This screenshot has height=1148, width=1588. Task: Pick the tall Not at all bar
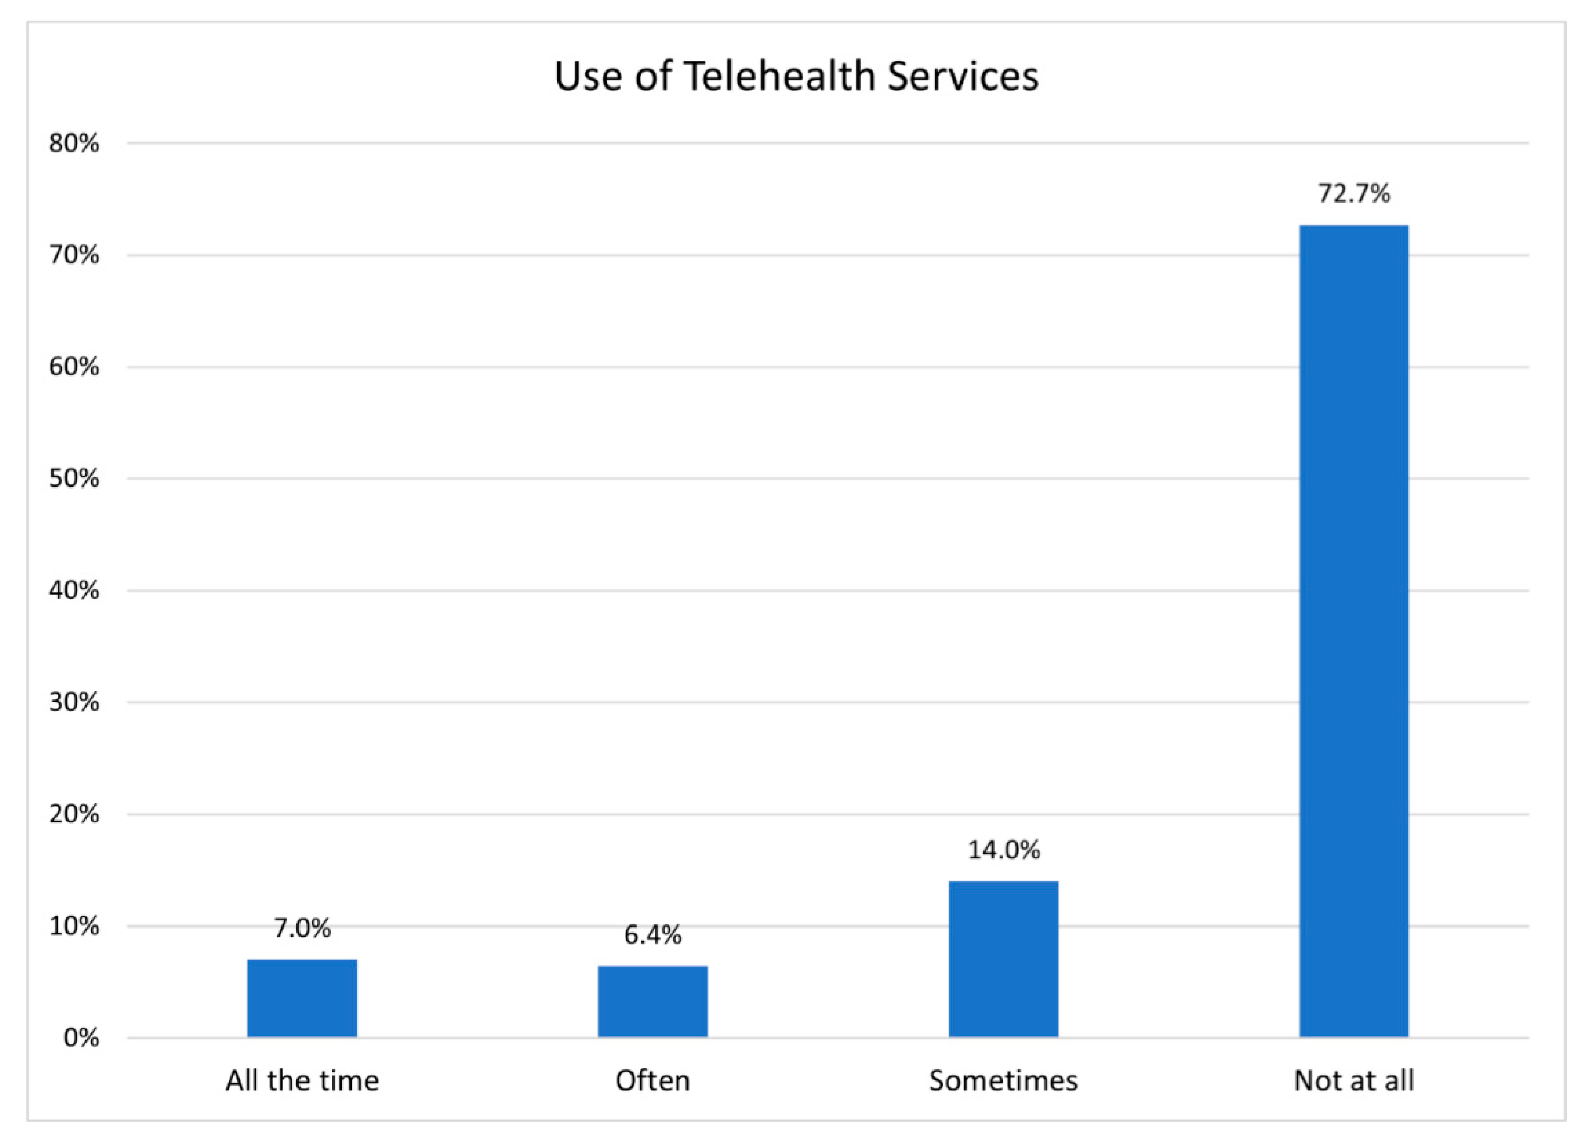coord(1353,630)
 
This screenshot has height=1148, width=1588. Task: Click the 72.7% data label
coord(1353,193)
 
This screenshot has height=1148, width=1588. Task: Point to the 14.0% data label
coord(1003,850)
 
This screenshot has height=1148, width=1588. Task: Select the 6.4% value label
coord(653,935)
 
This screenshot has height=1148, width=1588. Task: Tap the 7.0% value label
coord(302,928)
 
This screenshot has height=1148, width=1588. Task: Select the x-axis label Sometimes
coord(1003,1081)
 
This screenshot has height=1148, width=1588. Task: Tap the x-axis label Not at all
coord(1353,1081)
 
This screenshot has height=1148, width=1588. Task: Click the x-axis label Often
coord(653,1081)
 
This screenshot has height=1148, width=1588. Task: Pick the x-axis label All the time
coord(302,1081)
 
